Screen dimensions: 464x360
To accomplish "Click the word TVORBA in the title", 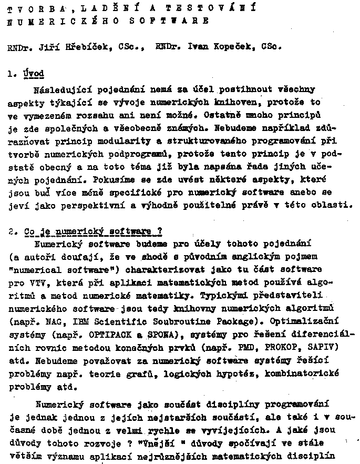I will [x=39, y=9].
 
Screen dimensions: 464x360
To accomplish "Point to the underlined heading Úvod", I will [x=34, y=74].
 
